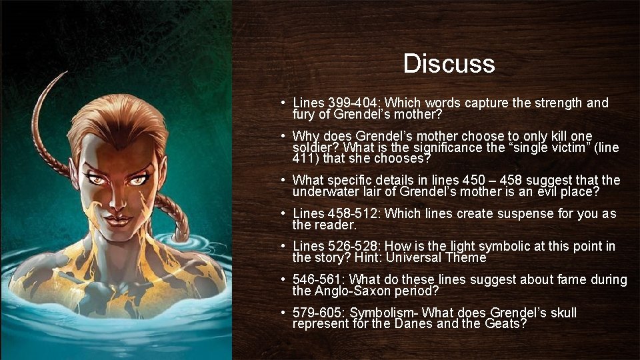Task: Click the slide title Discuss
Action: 449,64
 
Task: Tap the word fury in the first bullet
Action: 303,114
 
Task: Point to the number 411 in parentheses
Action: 304,159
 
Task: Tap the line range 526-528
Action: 355,247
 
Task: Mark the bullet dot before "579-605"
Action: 283,313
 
